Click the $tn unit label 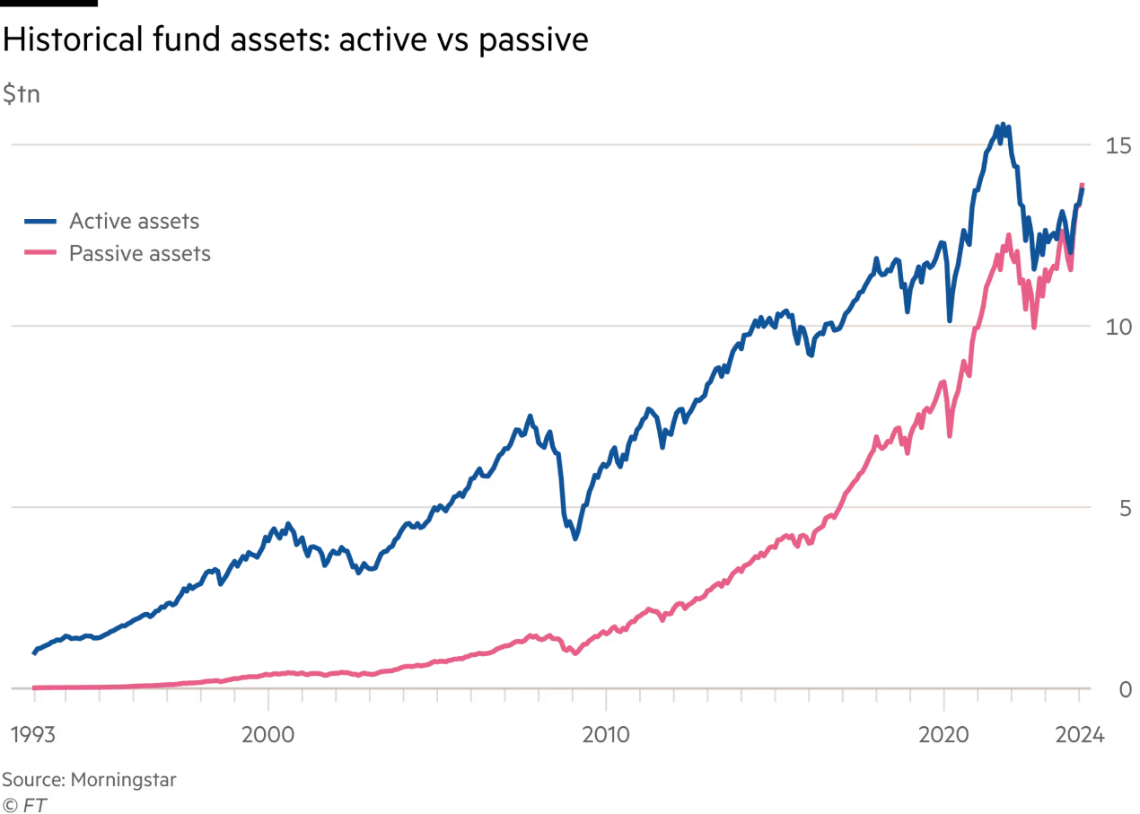click(22, 94)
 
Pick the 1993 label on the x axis click(34, 736)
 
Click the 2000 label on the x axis click(267, 736)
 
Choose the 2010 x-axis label click(605, 736)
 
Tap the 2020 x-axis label click(943, 736)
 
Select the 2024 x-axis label click(1079, 736)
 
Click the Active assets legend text click(134, 221)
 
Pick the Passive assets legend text click(140, 254)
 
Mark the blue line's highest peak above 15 click(1003, 123)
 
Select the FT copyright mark click(24, 805)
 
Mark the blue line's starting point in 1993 click(34, 653)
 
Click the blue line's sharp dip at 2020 click(948, 319)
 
